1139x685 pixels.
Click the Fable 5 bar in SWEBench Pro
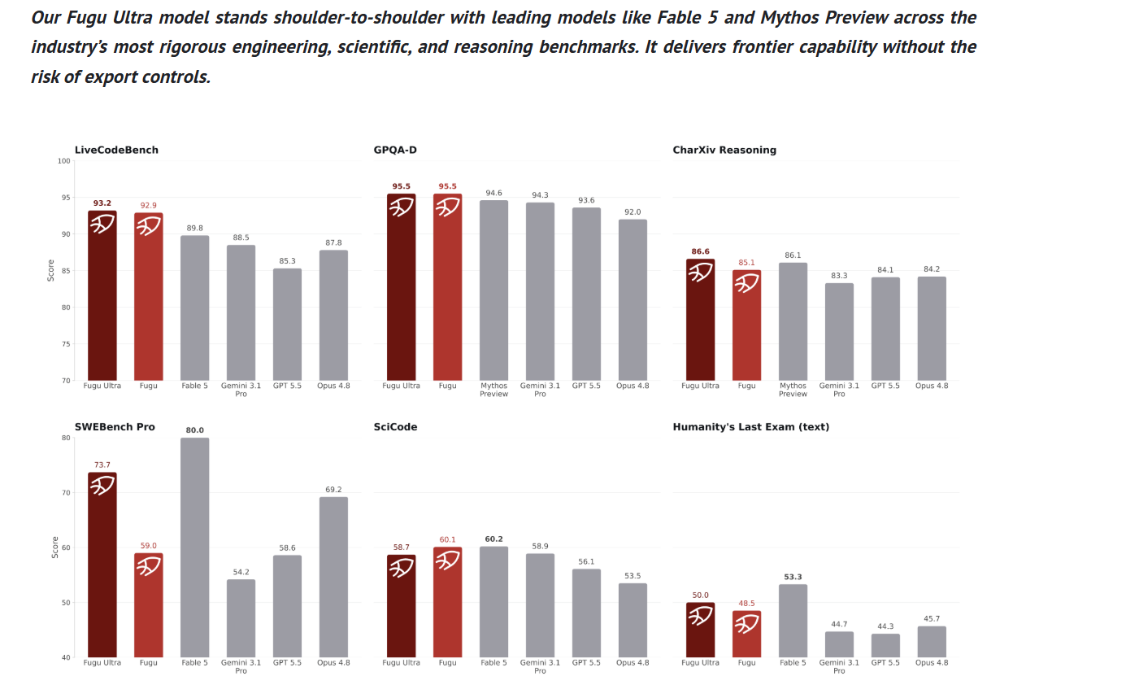pyautogui.click(x=195, y=547)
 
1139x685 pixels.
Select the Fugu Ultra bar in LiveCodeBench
pyautogui.click(x=102, y=295)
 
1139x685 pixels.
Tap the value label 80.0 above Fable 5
pyautogui.click(x=195, y=430)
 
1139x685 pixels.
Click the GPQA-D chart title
pyautogui.click(x=395, y=151)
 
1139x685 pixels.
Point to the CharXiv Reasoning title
pyautogui.click(x=724, y=151)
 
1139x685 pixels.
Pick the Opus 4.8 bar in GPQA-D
pyautogui.click(x=633, y=299)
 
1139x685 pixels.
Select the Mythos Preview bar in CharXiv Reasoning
pyautogui.click(x=793, y=321)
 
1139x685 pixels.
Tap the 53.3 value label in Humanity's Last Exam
pyautogui.click(x=793, y=577)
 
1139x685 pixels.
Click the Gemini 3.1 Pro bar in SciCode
pyautogui.click(x=540, y=605)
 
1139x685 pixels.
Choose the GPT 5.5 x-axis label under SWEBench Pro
pyautogui.click(x=287, y=662)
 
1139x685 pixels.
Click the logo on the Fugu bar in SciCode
pyautogui.click(x=447, y=561)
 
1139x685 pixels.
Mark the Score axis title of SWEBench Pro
pyautogui.click(x=55, y=548)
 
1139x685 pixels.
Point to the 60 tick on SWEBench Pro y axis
pyautogui.click(x=66, y=548)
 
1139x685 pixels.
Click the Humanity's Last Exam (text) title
pyautogui.click(x=751, y=427)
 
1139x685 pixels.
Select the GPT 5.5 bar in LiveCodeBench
pyautogui.click(x=287, y=324)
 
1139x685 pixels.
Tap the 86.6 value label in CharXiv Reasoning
pyautogui.click(x=700, y=251)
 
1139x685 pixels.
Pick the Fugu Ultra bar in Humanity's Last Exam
pyautogui.click(x=700, y=630)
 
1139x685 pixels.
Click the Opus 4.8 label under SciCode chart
pyautogui.click(x=633, y=662)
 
